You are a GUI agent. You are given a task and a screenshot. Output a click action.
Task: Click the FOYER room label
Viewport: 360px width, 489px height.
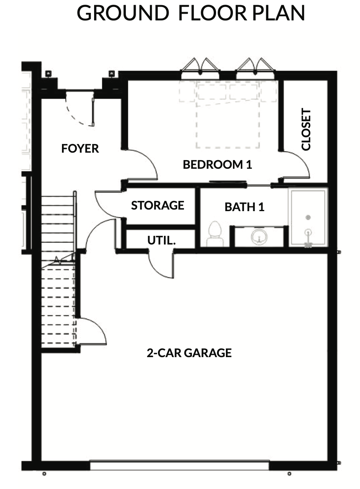pyautogui.click(x=80, y=149)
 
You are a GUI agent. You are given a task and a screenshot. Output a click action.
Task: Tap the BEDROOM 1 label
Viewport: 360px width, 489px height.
pyautogui.click(x=217, y=164)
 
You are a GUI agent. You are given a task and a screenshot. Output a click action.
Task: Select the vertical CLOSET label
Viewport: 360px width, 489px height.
pyautogui.click(x=306, y=129)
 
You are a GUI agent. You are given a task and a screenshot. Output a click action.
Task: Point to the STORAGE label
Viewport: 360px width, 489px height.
pyautogui.click(x=158, y=205)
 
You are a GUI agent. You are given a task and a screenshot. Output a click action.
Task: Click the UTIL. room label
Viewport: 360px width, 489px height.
pyautogui.click(x=162, y=240)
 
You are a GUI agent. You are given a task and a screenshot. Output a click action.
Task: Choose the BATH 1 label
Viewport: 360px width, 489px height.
pyautogui.click(x=244, y=207)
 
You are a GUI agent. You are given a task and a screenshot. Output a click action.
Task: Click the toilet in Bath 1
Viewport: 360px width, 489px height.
pyautogui.click(x=215, y=234)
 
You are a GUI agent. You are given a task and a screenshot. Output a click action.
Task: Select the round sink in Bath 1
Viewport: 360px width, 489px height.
pyautogui.click(x=259, y=236)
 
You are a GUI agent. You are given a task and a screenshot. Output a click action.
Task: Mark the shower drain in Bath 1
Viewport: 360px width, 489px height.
pyautogui.click(x=308, y=217)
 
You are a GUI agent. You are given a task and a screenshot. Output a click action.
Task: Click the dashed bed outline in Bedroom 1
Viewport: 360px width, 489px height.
pyautogui.click(x=228, y=115)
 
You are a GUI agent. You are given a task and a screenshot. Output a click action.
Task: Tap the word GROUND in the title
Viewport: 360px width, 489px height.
pyautogui.click(x=123, y=13)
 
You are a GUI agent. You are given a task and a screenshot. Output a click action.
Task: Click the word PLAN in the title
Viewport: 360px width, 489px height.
pyautogui.click(x=278, y=13)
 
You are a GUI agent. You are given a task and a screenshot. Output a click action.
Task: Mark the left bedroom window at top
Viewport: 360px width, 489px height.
pyautogui.click(x=200, y=68)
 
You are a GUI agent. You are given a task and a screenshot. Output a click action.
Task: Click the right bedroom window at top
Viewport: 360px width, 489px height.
pyautogui.click(x=255, y=68)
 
